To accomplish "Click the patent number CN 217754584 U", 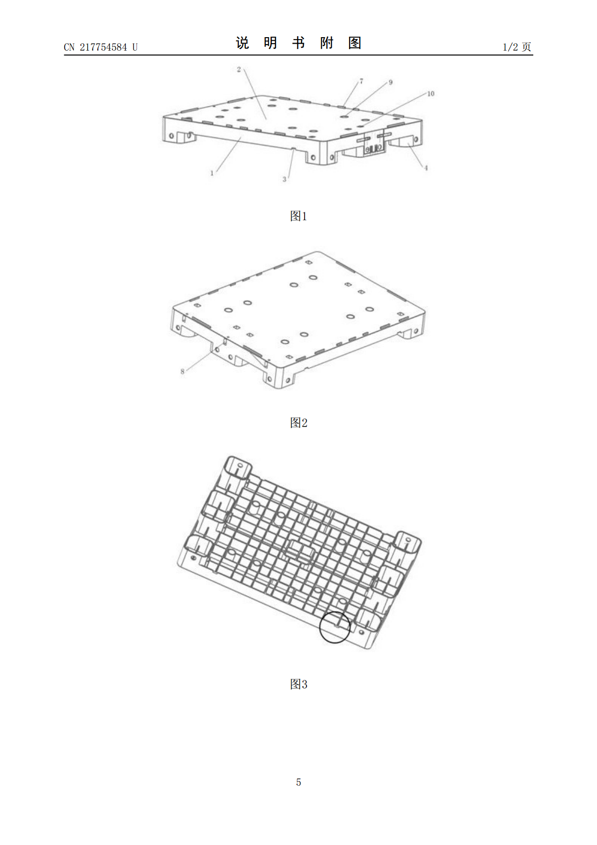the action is point(100,47).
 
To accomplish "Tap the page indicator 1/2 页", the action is point(517,47).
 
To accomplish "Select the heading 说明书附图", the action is point(298,43).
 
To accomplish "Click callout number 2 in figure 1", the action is point(239,69).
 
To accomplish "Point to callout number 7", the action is point(361,81).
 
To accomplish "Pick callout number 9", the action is point(390,82).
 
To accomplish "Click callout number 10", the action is point(430,93).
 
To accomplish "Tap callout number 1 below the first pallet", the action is point(212,173).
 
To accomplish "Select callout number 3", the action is point(284,179).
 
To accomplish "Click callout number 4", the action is point(426,168).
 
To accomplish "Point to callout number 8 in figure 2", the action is point(183,371).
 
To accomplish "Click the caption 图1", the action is point(298,216).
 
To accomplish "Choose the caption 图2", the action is point(298,422).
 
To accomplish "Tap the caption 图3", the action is point(298,684).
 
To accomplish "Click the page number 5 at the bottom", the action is point(298,782).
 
